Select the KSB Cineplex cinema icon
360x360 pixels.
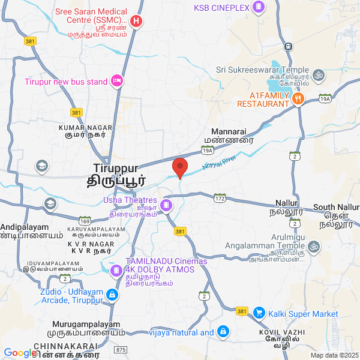[258, 7]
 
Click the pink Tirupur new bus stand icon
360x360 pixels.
[118, 81]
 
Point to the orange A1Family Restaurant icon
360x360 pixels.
[298, 98]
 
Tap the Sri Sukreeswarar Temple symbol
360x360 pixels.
[319, 75]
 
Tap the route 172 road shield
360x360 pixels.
[220, 197]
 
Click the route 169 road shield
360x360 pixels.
[85, 221]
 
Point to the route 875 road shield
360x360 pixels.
[121, 349]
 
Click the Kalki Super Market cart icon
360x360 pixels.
[259, 313]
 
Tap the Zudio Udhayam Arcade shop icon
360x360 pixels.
[112, 295]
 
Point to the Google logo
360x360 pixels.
[20, 353]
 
